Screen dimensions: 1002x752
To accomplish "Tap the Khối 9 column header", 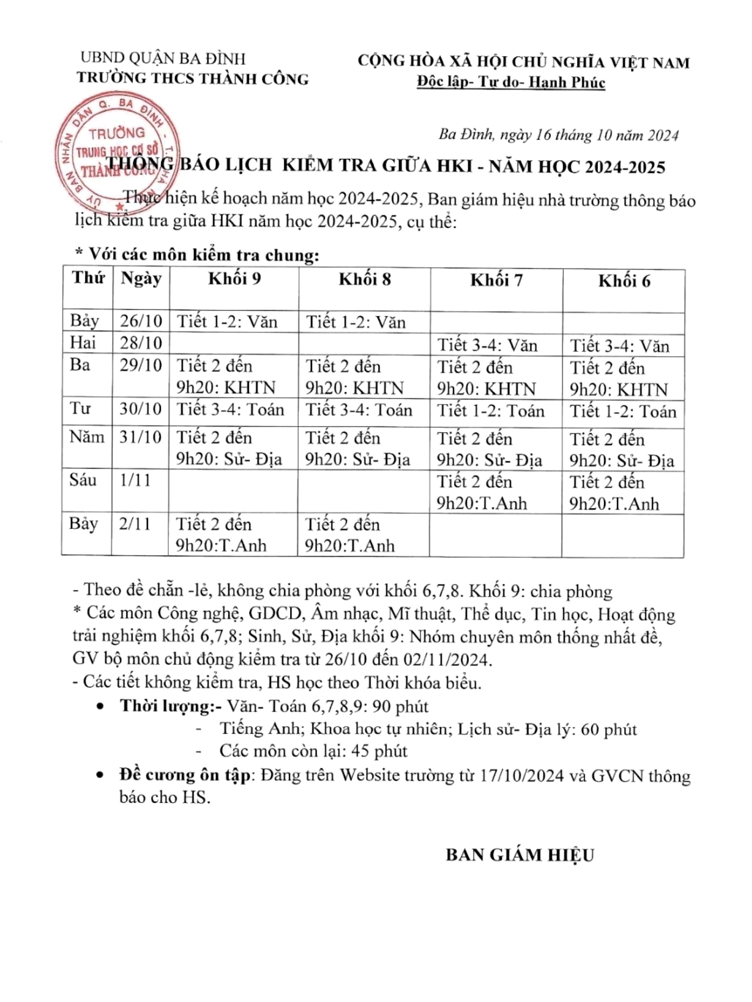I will (x=234, y=279).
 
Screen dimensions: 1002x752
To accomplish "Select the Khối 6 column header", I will (x=624, y=282).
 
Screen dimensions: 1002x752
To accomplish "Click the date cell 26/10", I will (x=141, y=321).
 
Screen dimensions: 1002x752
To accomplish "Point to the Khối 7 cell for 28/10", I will (x=487, y=346).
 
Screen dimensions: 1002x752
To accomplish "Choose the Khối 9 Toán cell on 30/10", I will (x=230, y=410).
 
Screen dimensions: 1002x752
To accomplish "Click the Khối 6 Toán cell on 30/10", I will (x=623, y=412).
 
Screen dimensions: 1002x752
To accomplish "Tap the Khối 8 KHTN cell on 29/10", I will (x=354, y=377).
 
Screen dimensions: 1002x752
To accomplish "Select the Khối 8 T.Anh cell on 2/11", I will (x=349, y=535).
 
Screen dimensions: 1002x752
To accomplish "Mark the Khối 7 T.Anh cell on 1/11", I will (x=481, y=493).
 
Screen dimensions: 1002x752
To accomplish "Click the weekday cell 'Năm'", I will (x=87, y=437).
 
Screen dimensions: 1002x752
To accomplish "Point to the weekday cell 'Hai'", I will (x=83, y=343).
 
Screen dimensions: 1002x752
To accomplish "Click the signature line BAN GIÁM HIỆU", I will (x=519, y=855).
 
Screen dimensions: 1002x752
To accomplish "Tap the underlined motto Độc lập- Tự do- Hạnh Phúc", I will (x=510, y=83).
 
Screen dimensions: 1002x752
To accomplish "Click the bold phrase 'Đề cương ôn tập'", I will (x=184, y=775).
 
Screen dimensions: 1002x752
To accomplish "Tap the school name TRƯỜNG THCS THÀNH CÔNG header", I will (x=193, y=78).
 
